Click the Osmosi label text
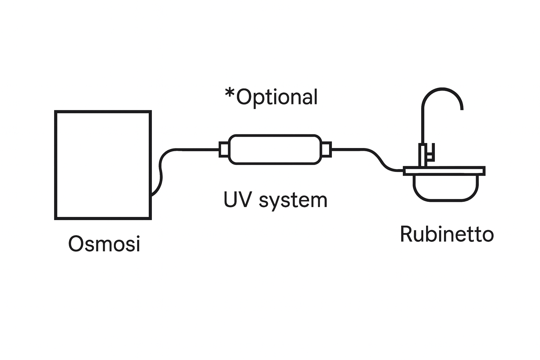(x=104, y=244)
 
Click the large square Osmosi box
(x=103, y=165)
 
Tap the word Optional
(x=277, y=97)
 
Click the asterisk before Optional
(x=230, y=94)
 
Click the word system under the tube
(x=293, y=200)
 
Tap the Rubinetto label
(x=447, y=234)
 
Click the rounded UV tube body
(x=275, y=149)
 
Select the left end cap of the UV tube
(x=224, y=149)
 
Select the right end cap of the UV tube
(x=326, y=149)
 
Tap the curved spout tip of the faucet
(x=461, y=105)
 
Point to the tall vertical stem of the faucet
(x=423, y=127)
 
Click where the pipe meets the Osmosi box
(x=152, y=194)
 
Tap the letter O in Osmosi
(x=76, y=244)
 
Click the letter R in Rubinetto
(x=406, y=234)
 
